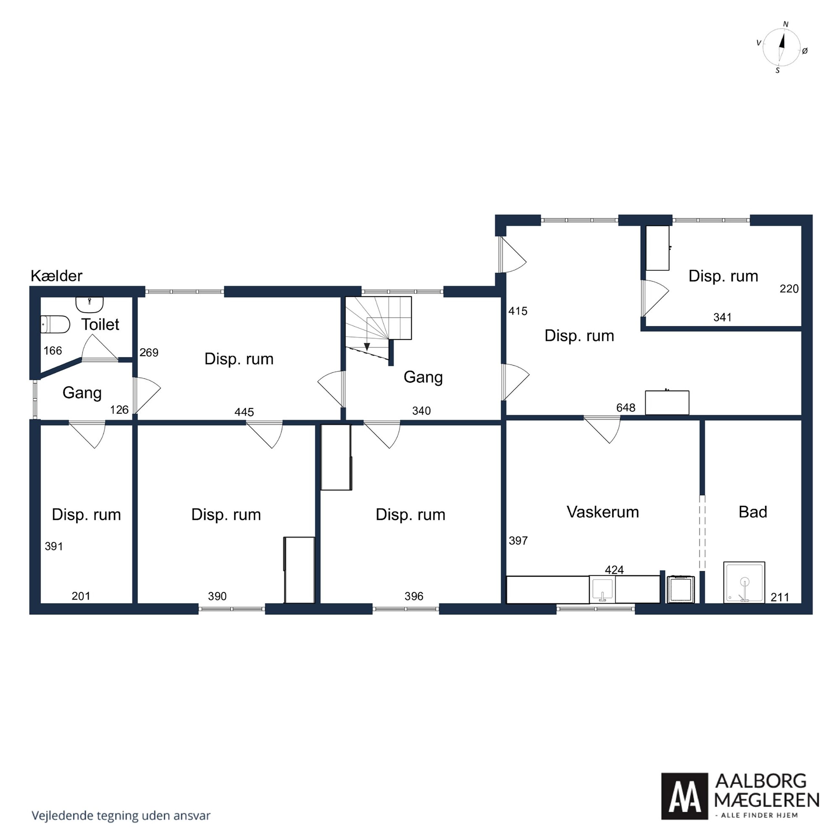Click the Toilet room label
pos(100,324)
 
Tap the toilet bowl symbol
pos(55,324)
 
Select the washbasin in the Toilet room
pos(89,304)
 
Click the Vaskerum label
pos(603,512)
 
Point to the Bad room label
pos(753,512)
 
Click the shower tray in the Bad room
pos(744,582)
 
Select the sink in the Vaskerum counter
pos(602,589)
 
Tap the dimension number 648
pos(626,407)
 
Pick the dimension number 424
pos(614,570)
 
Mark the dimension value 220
pos(789,289)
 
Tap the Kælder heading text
pos(57,276)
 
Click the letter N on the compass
pos(786,24)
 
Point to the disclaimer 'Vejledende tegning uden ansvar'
pos(121,816)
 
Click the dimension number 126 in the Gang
pos(119,410)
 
